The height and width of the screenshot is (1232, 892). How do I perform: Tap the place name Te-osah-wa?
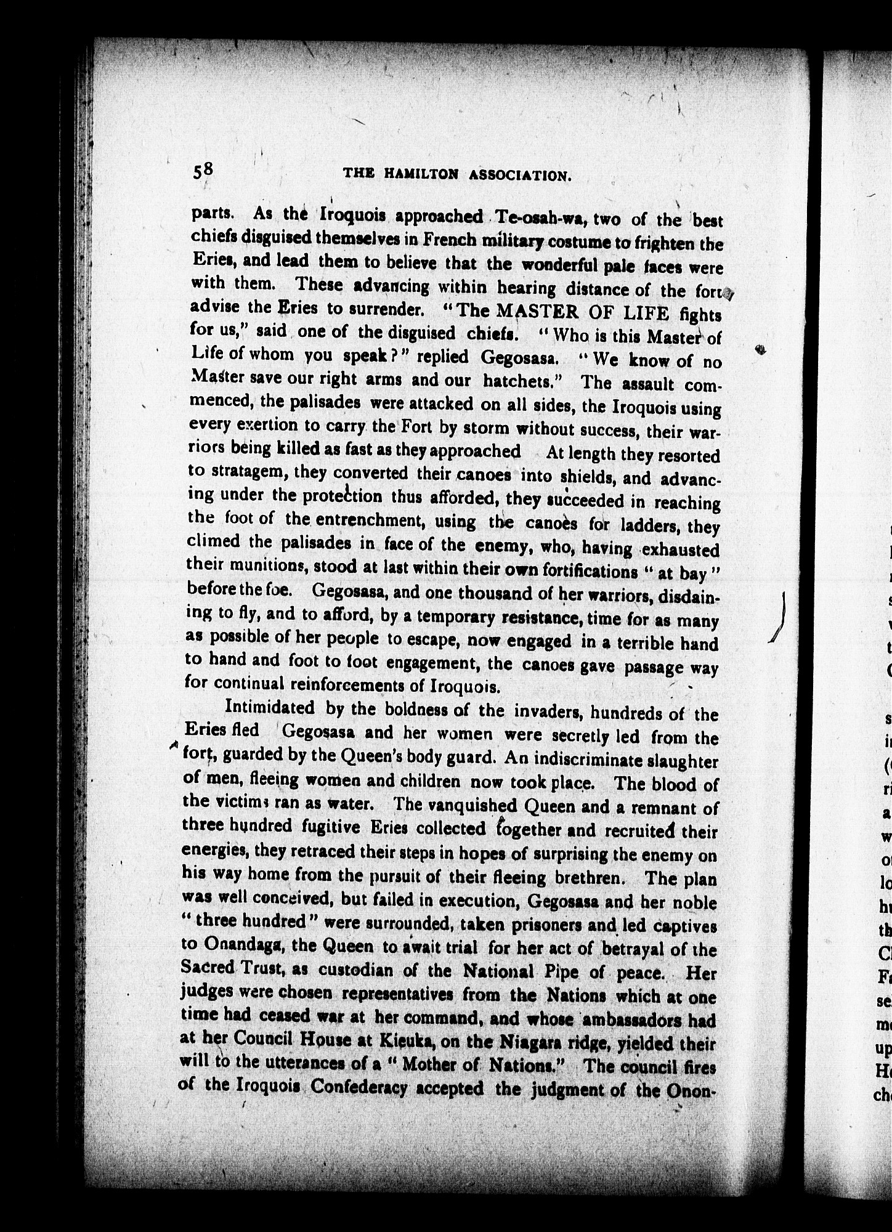[x=540, y=218]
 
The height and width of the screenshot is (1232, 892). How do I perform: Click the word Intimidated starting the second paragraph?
[x=270, y=708]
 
